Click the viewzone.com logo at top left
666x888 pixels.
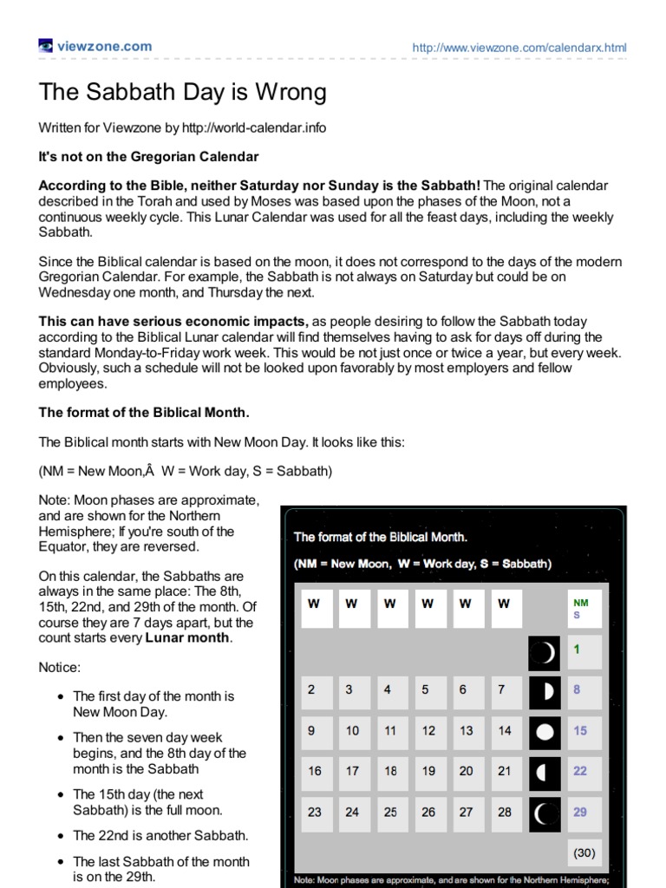click(95, 47)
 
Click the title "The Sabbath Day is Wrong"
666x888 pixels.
click(182, 92)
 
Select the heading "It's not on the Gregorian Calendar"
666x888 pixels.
click(148, 157)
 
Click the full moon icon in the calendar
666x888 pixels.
click(545, 731)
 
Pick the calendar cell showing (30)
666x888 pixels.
click(584, 852)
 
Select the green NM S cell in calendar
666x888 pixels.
click(584, 609)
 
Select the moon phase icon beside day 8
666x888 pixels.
click(545, 691)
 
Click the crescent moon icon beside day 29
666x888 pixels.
click(545, 813)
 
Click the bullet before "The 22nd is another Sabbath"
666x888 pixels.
click(59, 836)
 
